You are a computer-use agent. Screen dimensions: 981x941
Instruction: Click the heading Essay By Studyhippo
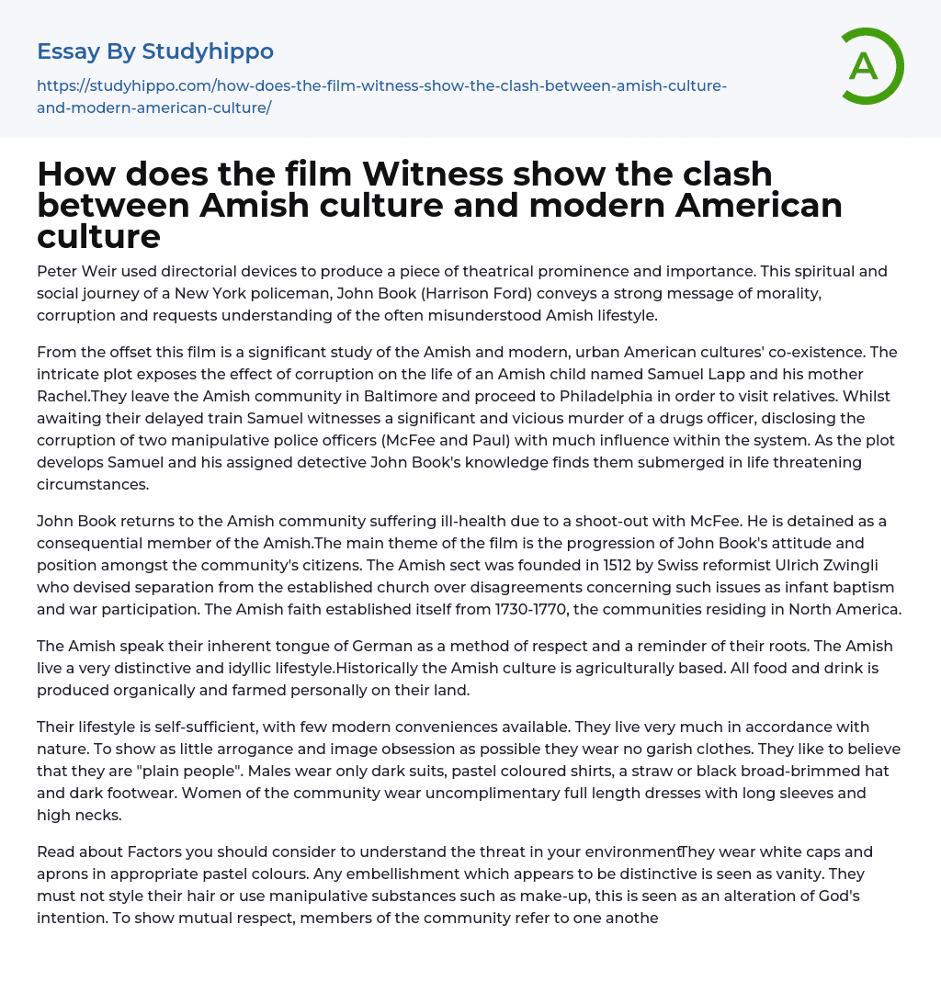[x=155, y=51]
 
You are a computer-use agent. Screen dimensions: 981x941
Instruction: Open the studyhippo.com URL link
[x=381, y=96]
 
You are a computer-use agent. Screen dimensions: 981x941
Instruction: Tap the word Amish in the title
[x=255, y=205]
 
